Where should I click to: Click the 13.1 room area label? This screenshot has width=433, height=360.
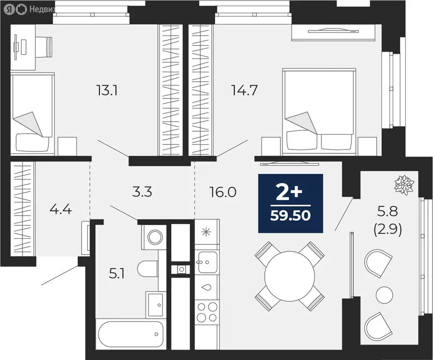pyautogui.click(x=107, y=90)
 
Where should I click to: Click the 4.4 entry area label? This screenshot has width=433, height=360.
pyautogui.click(x=60, y=209)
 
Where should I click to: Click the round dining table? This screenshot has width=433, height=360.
pyautogui.click(x=290, y=276)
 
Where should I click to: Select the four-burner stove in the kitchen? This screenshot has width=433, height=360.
pyautogui.click(x=206, y=311)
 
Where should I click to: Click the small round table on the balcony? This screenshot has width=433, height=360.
pyautogui.click(x=385, y=294)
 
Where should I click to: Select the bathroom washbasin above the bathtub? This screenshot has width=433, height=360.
pyautogui.click(x=155, y=301)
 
